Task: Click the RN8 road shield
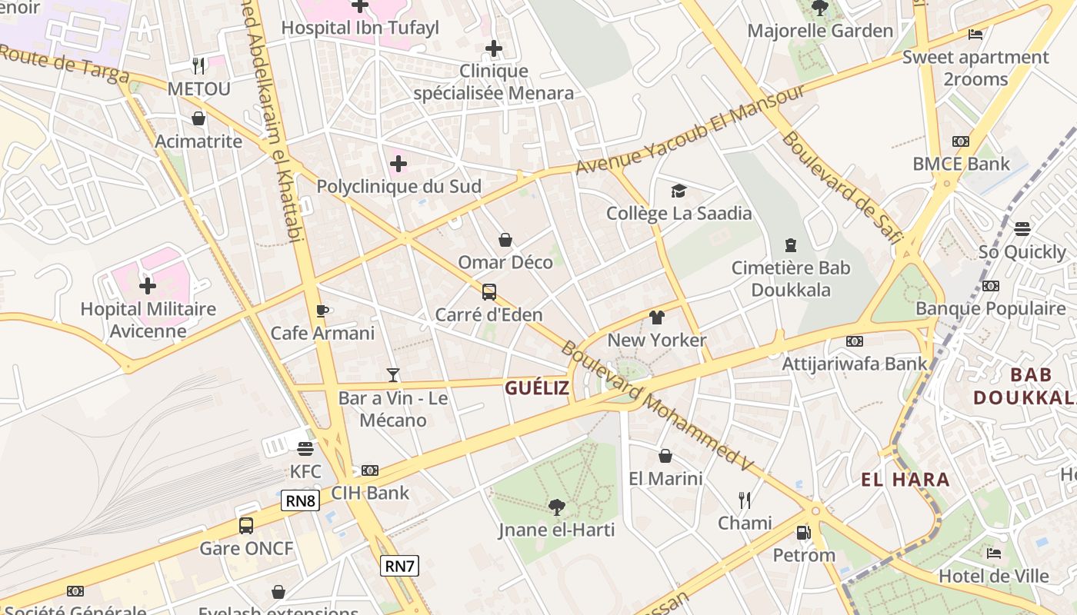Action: pyautogui.click(x=301, y=501)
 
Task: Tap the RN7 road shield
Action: pyautogui.click(x=400, y=567)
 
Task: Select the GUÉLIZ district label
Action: pyautogui.click(x=537, y=387)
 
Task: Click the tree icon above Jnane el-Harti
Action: pyautogui.click(x=556, y=507)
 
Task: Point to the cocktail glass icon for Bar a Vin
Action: pyautogui.click(x=393, y=375)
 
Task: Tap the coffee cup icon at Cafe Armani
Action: pyautogui.click(x=322, y=311)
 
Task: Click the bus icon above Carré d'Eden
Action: pyautogui.click(x=489, y=292)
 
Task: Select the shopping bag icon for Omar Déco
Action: pyautogui.click(x=505, y=240)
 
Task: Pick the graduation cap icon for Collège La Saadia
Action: pyautogui.click(x=679, y=191)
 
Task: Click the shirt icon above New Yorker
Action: pyautogui.click(x=657, y=317)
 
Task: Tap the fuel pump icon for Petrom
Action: pyautogui.click(x=803, y=532)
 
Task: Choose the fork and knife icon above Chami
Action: pyautogui.click(x=745, y=500)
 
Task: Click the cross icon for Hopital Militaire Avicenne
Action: pyautogui.click(x=148, y=287)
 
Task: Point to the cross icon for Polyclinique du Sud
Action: pyautogui.click(x=398, y=164)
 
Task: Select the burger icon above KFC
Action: pyautogui.click(x=305, y=449)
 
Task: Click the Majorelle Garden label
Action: pyautogui.click(x=820, y=31)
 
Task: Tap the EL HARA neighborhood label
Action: pyautogui.click(x=905, y=480)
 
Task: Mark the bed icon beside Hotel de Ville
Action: pyautogui.click(x=994, y=553)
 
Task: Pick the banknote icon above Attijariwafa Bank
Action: pyautogui.click(x=854, y=341)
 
